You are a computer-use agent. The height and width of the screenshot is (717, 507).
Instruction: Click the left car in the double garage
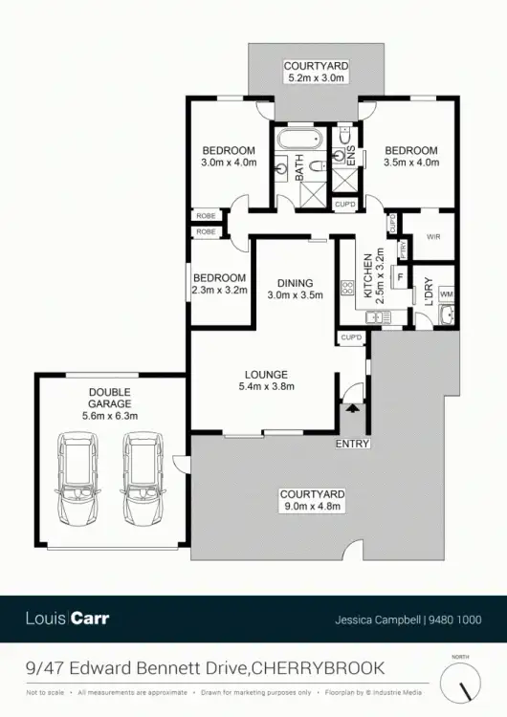tap(76, 480)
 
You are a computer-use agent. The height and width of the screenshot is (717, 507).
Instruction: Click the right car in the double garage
tap(141, 480)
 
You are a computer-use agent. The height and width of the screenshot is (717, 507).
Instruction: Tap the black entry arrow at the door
tap(353, 409)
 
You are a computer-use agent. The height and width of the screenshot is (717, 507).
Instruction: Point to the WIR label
tap(432, 236)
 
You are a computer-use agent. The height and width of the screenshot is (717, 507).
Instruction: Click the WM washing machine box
tap(446, 293)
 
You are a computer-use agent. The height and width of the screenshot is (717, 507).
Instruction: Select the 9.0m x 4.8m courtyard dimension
tap(312, 507)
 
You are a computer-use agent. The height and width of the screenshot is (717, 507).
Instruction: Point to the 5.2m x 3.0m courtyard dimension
tap(316, 78)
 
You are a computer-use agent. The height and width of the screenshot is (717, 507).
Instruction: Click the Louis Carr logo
tap(67, 618)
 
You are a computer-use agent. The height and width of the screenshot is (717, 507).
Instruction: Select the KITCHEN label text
tap(366, 259)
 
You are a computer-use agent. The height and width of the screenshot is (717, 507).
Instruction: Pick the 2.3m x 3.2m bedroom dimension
tap(220, 290)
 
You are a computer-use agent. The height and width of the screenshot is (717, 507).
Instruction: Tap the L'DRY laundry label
tap(429, 288)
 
